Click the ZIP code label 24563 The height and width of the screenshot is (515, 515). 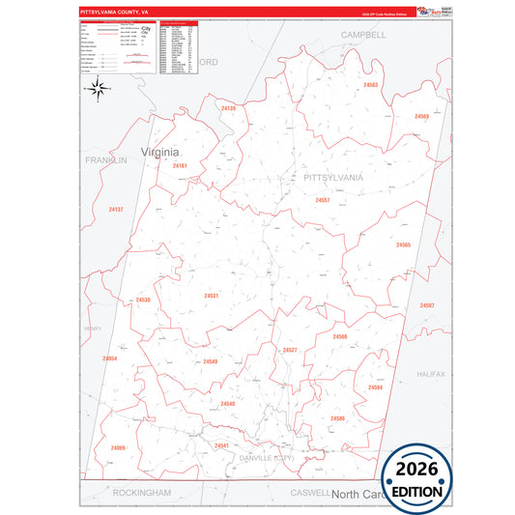[x=371, y=85]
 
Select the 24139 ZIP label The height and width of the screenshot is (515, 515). [x=228, y=108]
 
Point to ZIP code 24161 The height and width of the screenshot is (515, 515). [x=180, y=166]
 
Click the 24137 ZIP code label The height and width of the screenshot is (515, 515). [x=116, y=210]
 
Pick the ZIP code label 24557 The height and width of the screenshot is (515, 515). [x=323, y=200]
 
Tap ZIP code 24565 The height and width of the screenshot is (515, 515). [x=403, y=245]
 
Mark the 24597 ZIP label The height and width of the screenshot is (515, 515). [x=426, y=305]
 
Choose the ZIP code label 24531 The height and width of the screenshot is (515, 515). [x=212, y=296]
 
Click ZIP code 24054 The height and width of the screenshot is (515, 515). [x=109, y=358]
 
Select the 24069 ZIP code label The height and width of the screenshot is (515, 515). [x=118, y=447]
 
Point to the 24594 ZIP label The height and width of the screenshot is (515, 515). [x=375, y=387]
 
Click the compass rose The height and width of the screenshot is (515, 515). [x=97, y=89]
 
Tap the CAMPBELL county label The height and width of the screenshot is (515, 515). [x=363, y=34]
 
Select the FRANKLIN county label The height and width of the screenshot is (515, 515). [x=105, y=160]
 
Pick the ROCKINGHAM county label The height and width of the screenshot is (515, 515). [x=141, y=492]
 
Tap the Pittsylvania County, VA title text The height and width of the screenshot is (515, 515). [x=114, y=12]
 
